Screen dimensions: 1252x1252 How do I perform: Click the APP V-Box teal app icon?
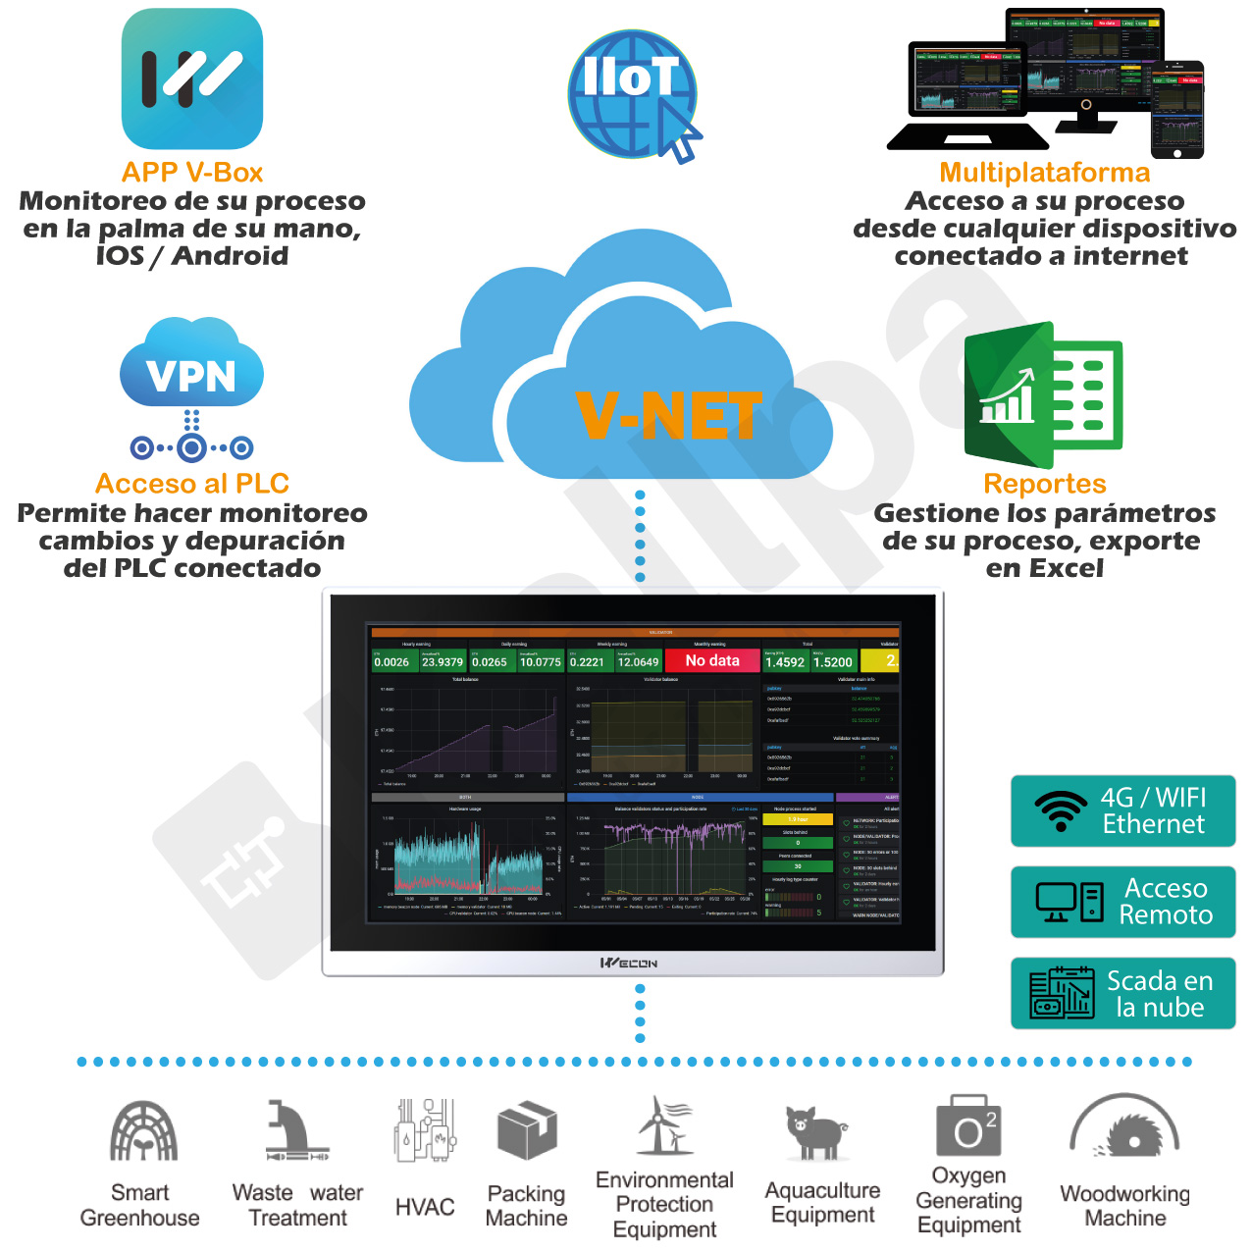click(x=192, y=79)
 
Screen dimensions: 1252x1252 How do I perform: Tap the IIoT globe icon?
click(x=632, y=93)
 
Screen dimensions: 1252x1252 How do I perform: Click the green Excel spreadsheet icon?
click(x=1044, y=394)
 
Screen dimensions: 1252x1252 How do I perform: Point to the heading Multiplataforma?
click(x=1044, y=173)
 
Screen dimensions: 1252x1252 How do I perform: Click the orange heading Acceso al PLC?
click(x=192, y=484)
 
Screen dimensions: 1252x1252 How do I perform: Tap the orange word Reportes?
click(x=1044, y=484)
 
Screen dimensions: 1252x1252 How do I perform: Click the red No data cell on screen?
click(x=712, y=661)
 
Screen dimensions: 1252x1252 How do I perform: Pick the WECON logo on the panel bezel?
click(x=629, y=964)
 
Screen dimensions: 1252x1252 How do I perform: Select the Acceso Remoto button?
click(x=1122, y=902)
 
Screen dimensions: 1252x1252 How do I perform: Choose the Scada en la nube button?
click(x=1122, y=993)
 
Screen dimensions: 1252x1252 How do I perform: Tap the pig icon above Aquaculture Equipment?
click(x=816, y=1133)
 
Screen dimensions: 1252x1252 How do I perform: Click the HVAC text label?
click(x=425, y=1207)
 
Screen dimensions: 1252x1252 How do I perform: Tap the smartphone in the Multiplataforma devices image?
click(x=1176, y=110)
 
